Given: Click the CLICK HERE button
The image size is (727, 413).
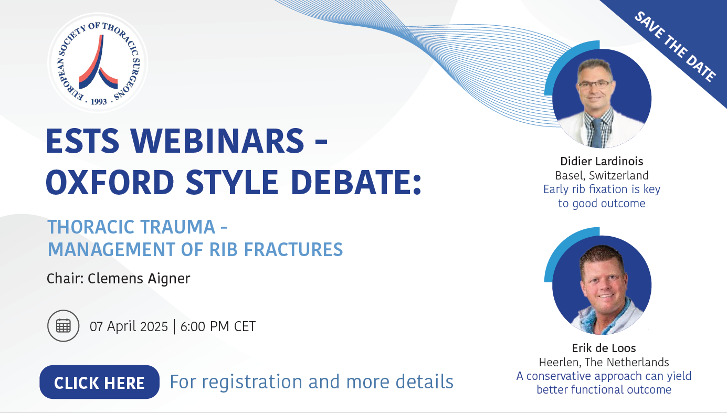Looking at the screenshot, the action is [x=99, y=382].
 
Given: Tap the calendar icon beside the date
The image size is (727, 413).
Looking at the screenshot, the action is [x=64, y=326].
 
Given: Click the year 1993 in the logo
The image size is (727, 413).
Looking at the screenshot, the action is [x=99, y=102].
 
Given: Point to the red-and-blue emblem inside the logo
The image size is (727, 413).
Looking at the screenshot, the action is [x=98, y=61].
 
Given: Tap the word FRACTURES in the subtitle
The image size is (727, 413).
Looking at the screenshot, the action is [x=293, y=249].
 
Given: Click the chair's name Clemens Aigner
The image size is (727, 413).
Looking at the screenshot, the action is [x=139, y=278].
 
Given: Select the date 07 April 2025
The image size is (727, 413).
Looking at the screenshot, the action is [x=129, y=326].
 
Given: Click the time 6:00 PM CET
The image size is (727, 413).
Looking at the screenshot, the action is [x=218, y=326].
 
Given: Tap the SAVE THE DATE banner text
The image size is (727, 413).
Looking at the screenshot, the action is [x=675, y=46].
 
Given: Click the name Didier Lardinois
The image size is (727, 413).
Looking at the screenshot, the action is [x=602, y=161].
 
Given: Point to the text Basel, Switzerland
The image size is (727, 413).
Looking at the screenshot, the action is [x=602, y=175].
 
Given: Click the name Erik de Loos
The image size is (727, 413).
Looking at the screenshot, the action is [x=604, y=348].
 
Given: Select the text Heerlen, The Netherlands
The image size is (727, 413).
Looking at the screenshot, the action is [x=604, y=362].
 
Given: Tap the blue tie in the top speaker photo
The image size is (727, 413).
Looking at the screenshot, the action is [x=597, y=133].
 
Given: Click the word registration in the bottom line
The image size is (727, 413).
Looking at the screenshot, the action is [x=252, y=382].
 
